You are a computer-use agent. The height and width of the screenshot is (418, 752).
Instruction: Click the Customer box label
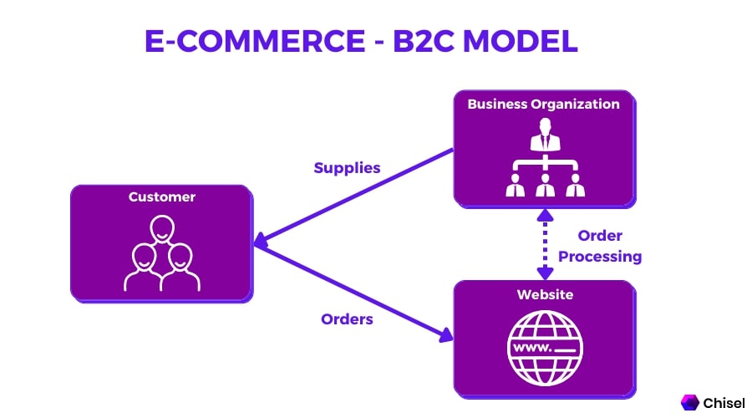point(161,197)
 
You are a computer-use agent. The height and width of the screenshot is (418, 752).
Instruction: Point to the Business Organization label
point(543,104)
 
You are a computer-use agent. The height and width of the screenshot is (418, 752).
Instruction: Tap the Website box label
point(544,294)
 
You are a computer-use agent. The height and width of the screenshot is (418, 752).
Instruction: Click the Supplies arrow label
point(347,168)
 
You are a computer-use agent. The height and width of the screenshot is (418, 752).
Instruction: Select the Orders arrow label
point(347,319)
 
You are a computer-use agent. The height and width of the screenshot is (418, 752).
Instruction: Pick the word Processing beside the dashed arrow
point(600,257)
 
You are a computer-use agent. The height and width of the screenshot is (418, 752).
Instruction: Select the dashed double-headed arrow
point(545,243)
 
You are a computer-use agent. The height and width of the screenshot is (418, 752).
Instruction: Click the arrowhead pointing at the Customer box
point(260,243)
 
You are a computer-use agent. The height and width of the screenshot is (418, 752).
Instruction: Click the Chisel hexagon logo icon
point(690,402)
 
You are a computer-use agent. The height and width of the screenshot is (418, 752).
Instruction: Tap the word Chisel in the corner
point(724,402)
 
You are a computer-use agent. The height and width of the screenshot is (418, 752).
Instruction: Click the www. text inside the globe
point(533,345)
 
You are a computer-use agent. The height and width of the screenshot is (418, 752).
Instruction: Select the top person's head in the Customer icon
point(161,227)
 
